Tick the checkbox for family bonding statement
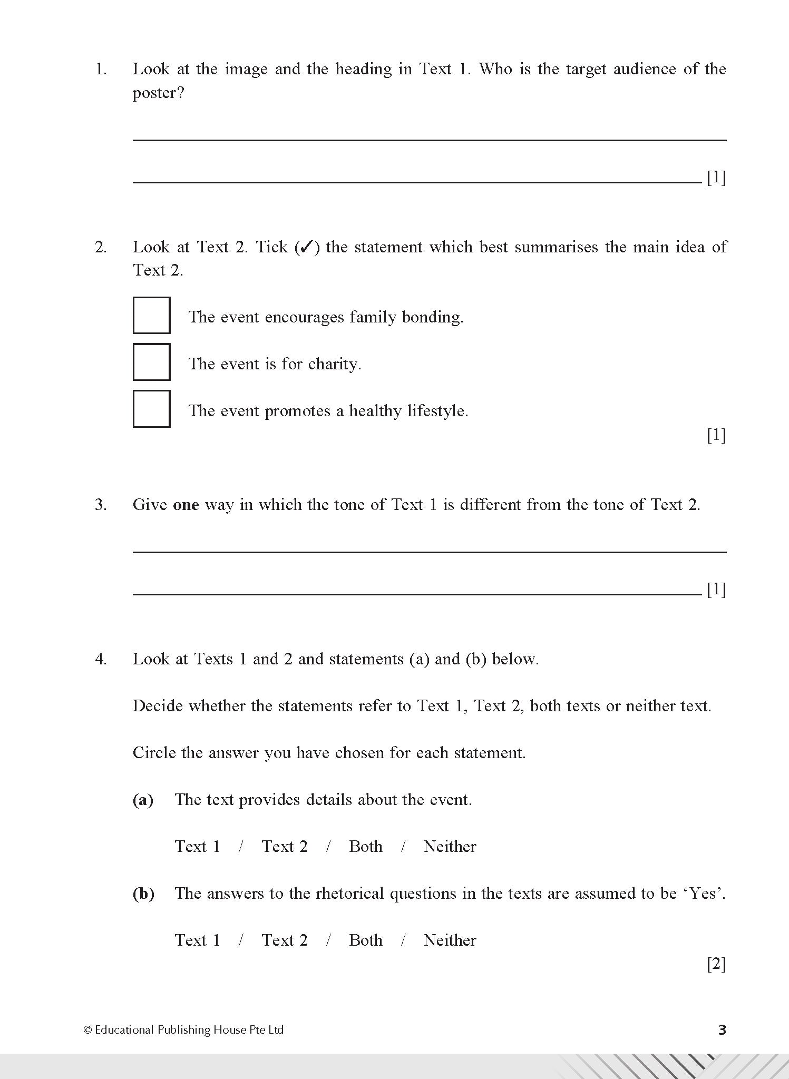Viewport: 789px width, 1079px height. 151,316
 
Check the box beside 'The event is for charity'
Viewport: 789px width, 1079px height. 151,362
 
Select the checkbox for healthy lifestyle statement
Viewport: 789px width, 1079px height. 151,409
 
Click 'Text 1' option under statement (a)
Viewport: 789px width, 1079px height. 198,847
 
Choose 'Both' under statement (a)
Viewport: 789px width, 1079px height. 365,847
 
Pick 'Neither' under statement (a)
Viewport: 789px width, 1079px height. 450,847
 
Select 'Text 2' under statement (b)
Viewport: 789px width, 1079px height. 285,940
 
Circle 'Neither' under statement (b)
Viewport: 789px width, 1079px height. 450,940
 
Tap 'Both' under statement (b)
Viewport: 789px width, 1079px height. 365,940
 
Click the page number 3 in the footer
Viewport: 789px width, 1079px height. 722,1029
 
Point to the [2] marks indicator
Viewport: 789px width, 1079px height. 716,965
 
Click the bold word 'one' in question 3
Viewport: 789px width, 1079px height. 186,505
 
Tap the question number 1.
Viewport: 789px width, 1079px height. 101,69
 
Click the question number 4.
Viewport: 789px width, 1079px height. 101,659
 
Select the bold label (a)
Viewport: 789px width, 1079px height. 143,800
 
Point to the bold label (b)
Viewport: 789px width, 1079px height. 143,894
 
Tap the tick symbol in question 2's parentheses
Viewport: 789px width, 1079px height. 307,247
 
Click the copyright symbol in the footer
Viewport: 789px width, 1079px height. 87,1030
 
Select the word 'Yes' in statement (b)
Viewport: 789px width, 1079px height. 704,894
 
